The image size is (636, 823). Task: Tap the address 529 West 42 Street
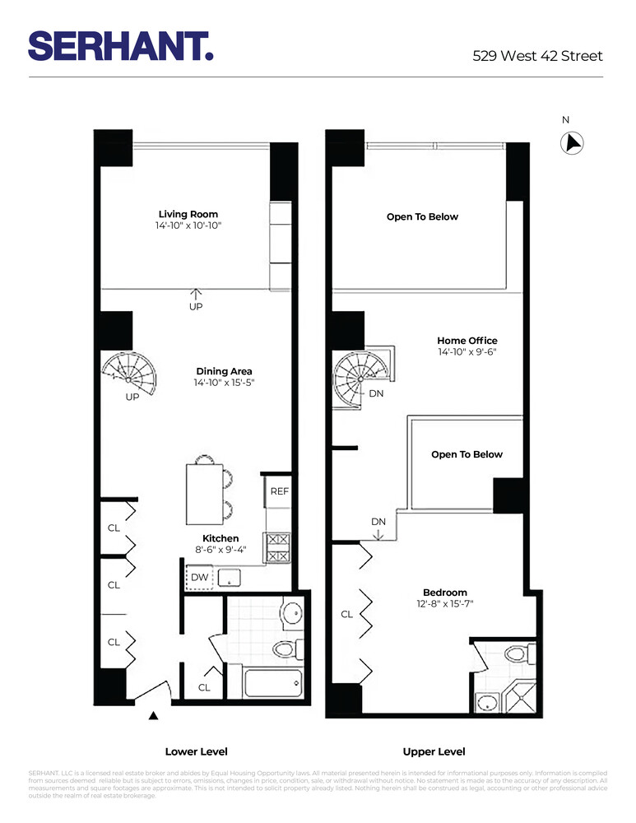tap(537, 56)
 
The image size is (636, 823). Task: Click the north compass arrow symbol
tap(572, 143)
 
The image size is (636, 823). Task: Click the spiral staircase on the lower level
tap(129, 375)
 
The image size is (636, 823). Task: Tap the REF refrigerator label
tap(280, 491)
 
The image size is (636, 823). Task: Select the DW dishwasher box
tap(200, 578)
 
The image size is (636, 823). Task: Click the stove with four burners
tap(276, 547)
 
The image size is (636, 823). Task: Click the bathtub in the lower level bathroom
tap(273, 682)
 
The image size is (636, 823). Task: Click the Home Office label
tap(467, 341)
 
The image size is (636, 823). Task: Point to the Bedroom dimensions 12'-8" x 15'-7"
tap(445, 604)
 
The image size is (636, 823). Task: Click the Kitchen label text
tap(221, 538)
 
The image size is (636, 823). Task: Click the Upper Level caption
tap(434, 751)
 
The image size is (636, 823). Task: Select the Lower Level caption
tap(197, 751)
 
